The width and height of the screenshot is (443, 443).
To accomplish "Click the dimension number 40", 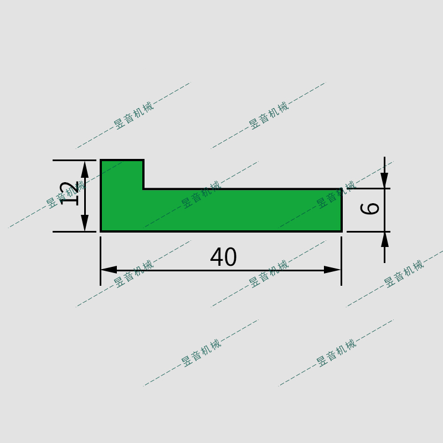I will [223, 257].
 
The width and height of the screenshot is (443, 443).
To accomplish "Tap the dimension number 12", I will [69, 193].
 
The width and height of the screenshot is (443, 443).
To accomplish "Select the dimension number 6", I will [370, 209].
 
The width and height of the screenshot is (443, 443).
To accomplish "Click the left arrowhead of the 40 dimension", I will [109, 270].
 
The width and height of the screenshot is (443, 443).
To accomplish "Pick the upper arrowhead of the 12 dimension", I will [85, 169].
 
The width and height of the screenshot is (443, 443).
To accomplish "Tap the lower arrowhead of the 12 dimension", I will [85, 223].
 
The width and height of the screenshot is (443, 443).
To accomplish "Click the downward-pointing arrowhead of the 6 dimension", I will [384, 181].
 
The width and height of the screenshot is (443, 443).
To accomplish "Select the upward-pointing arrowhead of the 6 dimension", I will [384, 239].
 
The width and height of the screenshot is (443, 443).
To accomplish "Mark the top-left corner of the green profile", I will [101, 161].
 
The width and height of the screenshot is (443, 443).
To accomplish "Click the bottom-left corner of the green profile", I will [101, 231].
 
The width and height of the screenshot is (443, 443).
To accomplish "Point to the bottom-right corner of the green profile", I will [341, 231].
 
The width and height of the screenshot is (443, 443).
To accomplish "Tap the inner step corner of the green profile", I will [143, 189].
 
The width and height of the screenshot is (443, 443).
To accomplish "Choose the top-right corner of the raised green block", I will [143, 161].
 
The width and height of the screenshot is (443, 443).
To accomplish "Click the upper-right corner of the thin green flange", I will [341, 189].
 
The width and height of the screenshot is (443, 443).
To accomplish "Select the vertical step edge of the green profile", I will [143, 175].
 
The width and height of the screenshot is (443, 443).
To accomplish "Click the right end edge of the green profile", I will [341, 210].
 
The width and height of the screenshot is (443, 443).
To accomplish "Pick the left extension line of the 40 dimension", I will [100, 260].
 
